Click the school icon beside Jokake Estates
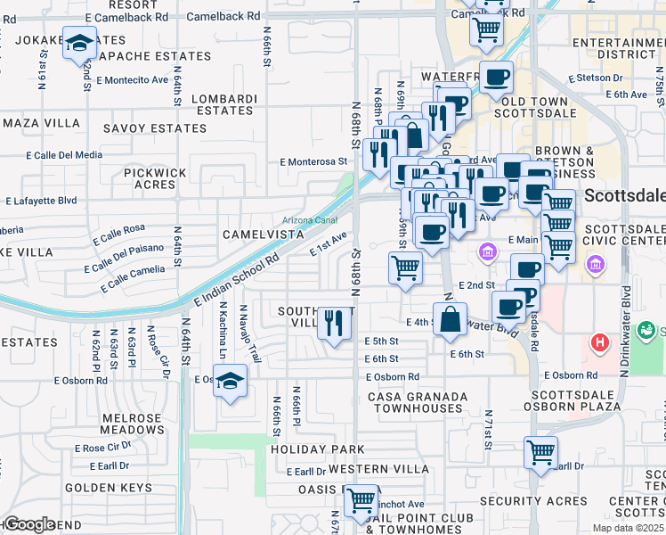pos(80,43)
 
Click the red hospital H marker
pos(600,342)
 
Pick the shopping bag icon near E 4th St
pos(451,318)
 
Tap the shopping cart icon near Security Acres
pos(540,452)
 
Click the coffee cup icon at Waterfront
pos(496,76)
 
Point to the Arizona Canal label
pos(285,219)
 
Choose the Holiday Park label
pos(318,449)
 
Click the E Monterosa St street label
pos(313,162)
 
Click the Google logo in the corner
pos(28,524)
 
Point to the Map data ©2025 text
pos(627,528)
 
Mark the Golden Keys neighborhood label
pos(102,488)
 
